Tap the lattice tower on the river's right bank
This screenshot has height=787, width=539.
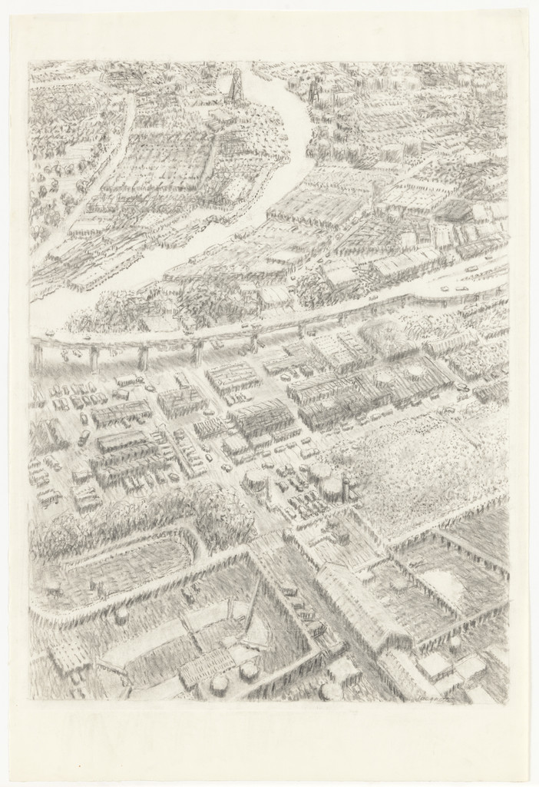click(x=313, y=93)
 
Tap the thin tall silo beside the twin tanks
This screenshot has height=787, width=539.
click(x=346, y=489)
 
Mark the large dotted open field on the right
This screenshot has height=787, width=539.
click(x=430, y=461)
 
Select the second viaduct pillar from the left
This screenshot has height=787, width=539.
click(x=94, y=358)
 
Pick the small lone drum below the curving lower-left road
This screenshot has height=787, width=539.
click(x=121, y=616)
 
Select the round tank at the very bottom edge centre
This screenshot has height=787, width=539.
click(x=331, y=690)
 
